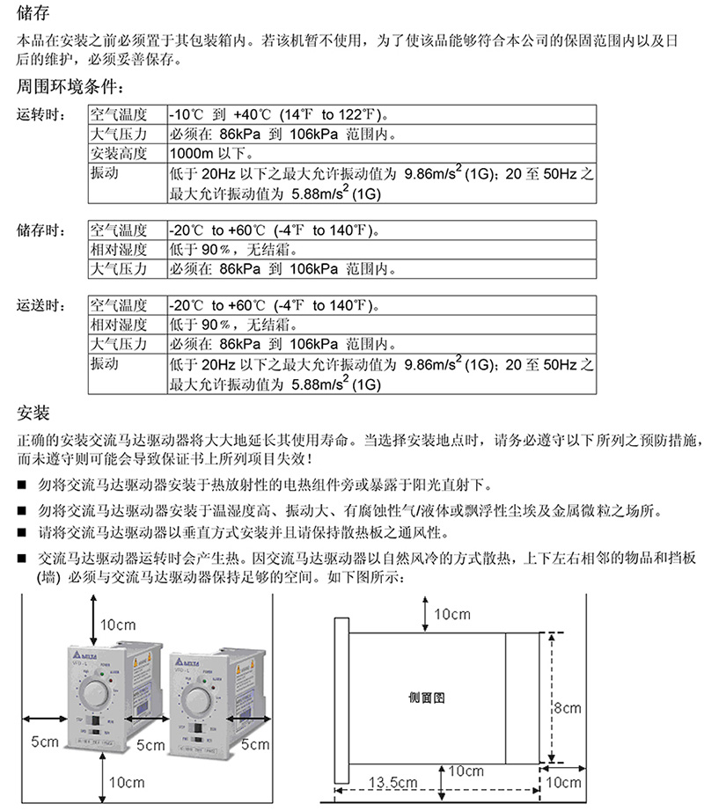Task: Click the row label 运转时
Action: pos(40,115)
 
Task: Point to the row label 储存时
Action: pos(40,231)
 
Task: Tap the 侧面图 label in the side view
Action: pos(429,696)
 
